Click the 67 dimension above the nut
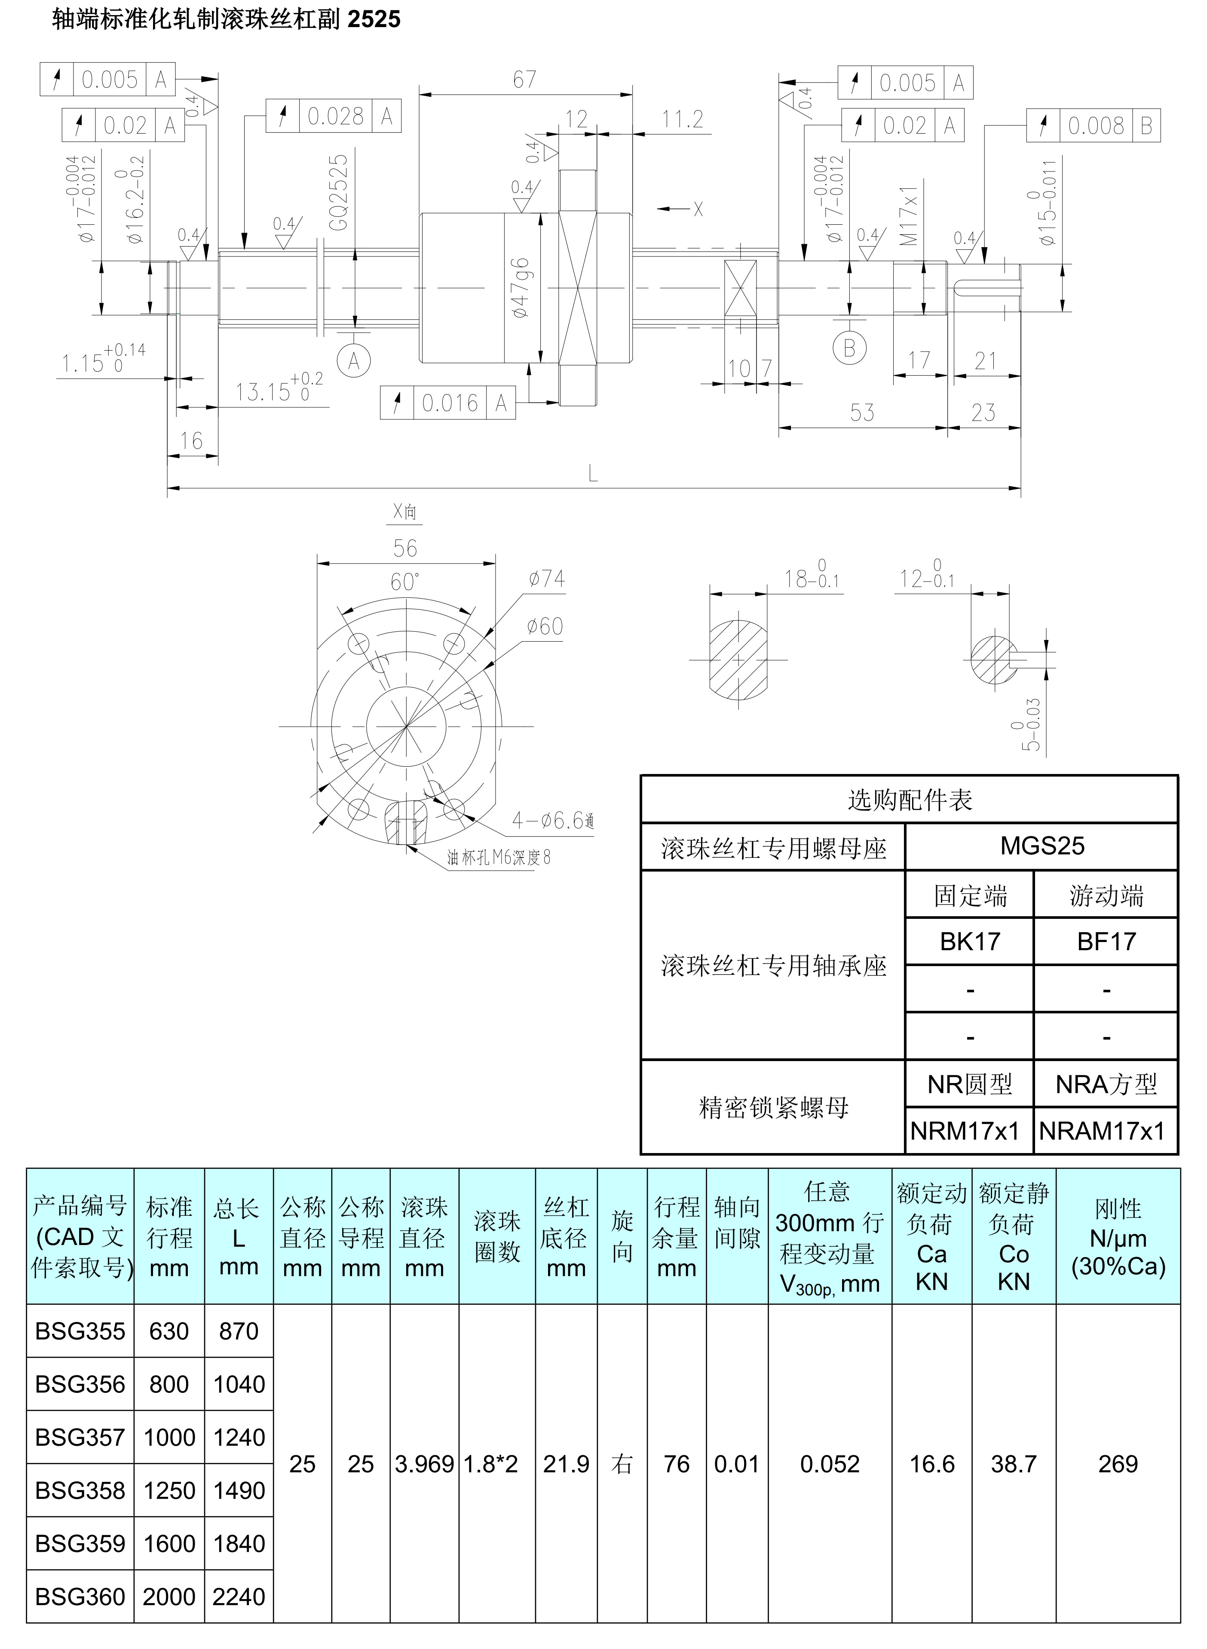(x=524, y=80)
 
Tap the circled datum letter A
(x=354, y=361)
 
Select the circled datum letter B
(x=849, y=349)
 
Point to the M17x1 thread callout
(x=908, y=215)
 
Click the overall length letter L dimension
(x=593, y=475)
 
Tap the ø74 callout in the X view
(x=546, y=579)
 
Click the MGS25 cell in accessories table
(x=1042, y=846)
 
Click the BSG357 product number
(x=80, y=1437)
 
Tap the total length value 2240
(x=239, y=1597)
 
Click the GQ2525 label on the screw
(x=338, y=193)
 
